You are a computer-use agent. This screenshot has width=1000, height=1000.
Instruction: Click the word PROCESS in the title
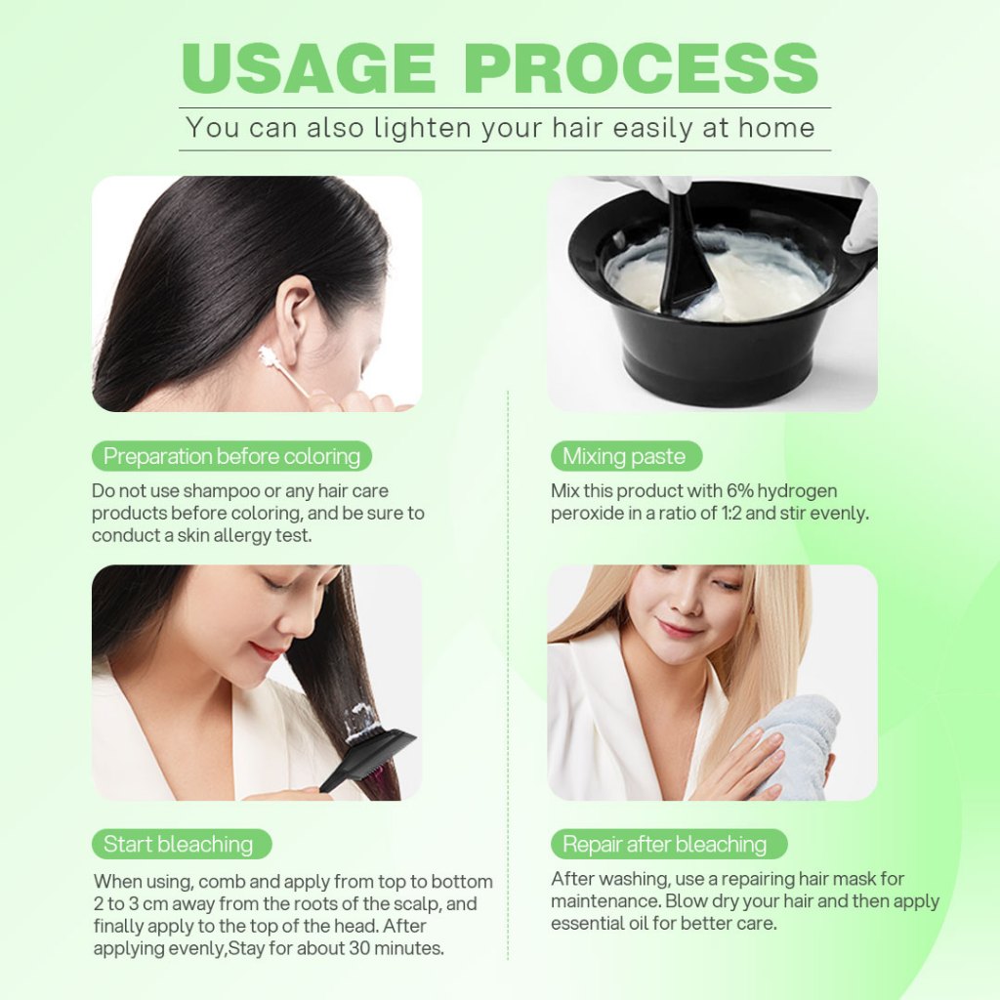[x=641, y=68]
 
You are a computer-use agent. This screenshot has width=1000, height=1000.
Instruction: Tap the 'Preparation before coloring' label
[x=231, y=456]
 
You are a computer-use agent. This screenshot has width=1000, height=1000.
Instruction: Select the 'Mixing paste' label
[x=626, y=456]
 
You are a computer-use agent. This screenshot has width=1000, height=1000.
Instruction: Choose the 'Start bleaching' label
[x=182, y=844]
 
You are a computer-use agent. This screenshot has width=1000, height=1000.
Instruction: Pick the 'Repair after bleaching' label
[x=668, y=844]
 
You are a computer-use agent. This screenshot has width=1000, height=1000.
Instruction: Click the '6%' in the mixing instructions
[x=740, y=491]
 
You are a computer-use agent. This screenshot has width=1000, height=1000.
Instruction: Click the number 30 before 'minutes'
[x=359, y=948]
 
